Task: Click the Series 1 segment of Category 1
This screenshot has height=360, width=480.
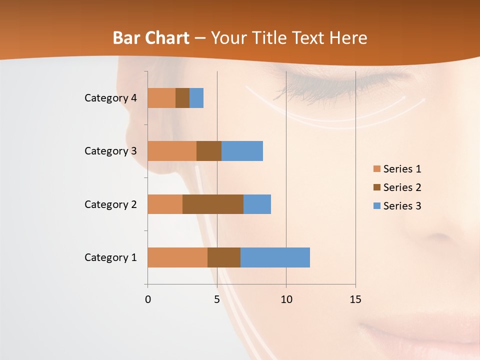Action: click(x=177, y=257)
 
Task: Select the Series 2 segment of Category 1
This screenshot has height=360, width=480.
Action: click(x=224, y=257)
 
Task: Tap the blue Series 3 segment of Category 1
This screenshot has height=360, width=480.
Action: click(x=275, y=257)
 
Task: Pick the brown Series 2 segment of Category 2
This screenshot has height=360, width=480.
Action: click(x=213, y=204)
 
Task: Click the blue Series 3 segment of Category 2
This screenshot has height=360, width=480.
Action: click(x=257, y=204)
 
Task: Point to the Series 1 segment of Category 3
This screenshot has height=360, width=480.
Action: click(x=172, y=151)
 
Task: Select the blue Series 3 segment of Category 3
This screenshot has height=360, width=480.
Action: click(x=242, y=151)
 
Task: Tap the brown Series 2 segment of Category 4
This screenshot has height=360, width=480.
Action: click(x=182, y=98)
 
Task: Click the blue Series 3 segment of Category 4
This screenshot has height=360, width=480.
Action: click(x=196, y=98)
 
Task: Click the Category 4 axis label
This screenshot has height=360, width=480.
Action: click(x=110, y=98)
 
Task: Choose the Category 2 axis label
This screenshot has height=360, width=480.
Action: click(x=110, y=204)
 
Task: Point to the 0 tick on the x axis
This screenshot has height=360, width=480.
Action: click(x=148, y=299)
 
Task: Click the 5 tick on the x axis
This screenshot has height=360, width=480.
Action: click(x=217, y=299)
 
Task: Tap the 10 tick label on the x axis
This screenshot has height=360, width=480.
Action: click(x=286, y=299)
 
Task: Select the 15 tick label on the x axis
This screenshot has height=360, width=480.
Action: click(x=355, y=299)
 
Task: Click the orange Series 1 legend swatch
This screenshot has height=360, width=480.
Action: click(x=376, y=169)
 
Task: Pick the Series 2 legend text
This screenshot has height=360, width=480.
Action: click(x=402, y=187)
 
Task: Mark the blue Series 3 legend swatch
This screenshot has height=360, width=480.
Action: click(x=376, y=206)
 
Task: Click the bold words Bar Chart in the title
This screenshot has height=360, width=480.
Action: click(x=151, y=38)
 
